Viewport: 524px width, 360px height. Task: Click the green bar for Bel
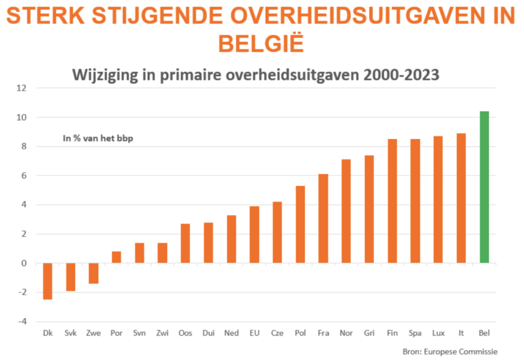tap(484, 187)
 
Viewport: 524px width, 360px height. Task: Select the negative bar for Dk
tap(48, 281)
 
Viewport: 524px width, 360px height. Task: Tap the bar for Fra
tap(323, 219)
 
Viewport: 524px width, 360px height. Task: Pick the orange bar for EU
tap(254, 235)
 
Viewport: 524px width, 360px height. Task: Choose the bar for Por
tap(116, 257)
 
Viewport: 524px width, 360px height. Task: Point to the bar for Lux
tap(438, 200)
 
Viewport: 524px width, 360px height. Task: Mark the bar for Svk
tap(71, 277)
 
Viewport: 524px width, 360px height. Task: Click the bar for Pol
tap(300, 224)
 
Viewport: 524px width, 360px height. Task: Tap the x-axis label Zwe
tap(94, 333)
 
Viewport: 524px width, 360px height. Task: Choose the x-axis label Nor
tap(346, 333)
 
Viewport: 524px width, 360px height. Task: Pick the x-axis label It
tap(461, 333)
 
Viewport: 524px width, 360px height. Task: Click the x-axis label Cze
tap(277, 333)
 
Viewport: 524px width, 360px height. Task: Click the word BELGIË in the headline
tap(261, 43)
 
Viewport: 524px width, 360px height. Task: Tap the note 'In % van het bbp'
tap(98, 138)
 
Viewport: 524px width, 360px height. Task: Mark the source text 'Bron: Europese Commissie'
tap(450, 352)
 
